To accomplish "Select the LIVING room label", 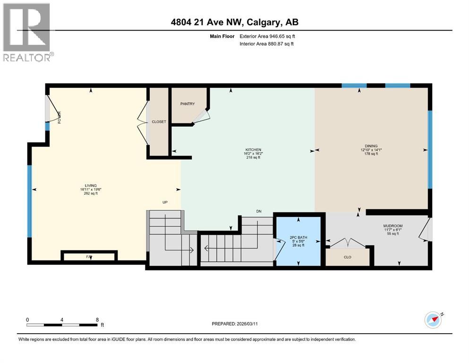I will [91, 186].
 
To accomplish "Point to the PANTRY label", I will [188, 104].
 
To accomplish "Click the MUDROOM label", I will [392, 226].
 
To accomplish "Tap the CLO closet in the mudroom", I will [348, 258].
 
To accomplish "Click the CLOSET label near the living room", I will [159, 122].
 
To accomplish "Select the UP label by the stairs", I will [165, 202].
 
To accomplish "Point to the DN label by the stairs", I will [258, 211].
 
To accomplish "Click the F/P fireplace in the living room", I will [88, 256].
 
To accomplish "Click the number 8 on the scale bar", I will [97, 320].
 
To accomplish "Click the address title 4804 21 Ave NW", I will [234, 22].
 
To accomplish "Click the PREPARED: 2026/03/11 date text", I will [235, 324].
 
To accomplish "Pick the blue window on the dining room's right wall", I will [429, 149].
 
